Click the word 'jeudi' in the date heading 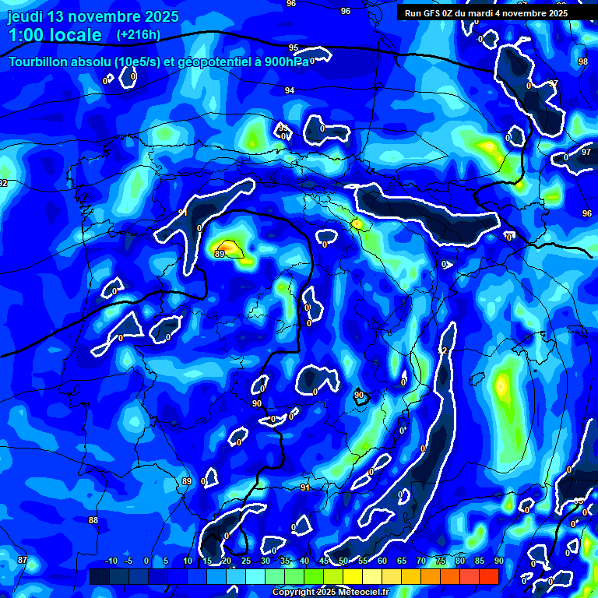pyautogui.click(x=26, y=16)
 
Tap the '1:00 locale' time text pyautogui.click(x=55, y=35)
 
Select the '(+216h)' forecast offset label pyautogui.click(x=138, y=34)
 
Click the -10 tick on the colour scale pyautogui.click(x=111, y=561)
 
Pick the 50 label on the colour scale pyautogui.click(x=343, y=561)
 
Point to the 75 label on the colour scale pyautogui.click(x=440, y=561)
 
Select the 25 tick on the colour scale pyautogui.click(x=246, y=561)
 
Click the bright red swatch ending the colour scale pyautogui.click(x=489, y=576)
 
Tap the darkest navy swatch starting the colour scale pyautogui.click(x=99, y=576)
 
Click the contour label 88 pyautogui.click(x=93, y=520)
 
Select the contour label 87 pyautogui.click(x=23, y=560)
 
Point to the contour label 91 pyautogui.click(x=305, y=487)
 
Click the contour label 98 pyautogui.click(x=583, y=62)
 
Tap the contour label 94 pyautogui.click(x=290, y=90)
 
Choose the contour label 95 pyautogui.click(x=294, y=48)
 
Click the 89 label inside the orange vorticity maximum pyautogui.click(x=220, y=254)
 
